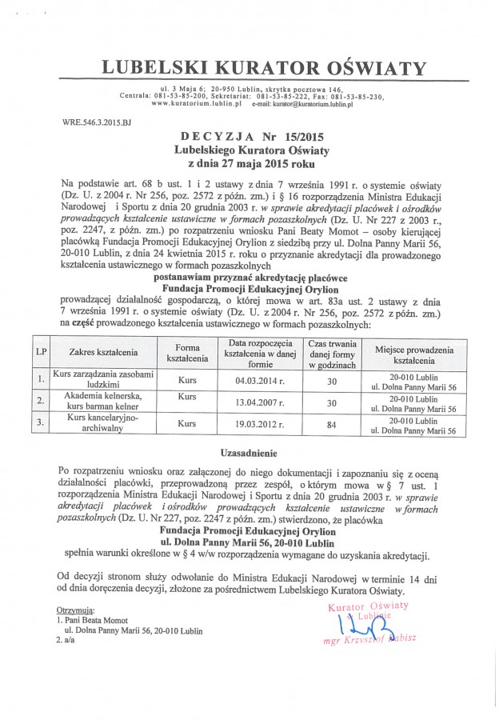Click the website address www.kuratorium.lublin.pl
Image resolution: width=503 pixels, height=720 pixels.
coord(196,104)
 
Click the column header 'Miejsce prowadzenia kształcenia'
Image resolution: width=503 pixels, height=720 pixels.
coord(409,351)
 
